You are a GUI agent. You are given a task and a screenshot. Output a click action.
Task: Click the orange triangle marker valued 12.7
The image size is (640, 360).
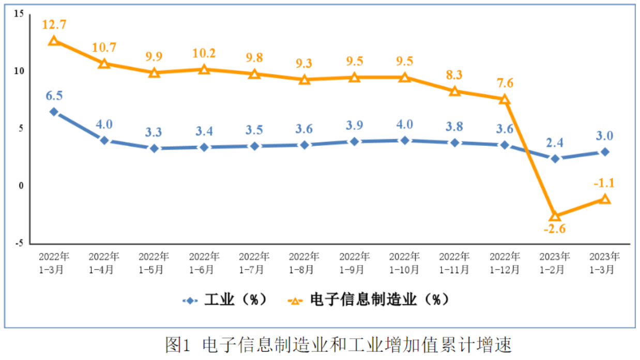[54, 40]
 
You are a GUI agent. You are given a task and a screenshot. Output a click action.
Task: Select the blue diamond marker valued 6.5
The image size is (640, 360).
[54, 112]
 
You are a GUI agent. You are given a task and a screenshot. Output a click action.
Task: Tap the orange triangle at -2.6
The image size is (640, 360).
[555, 215]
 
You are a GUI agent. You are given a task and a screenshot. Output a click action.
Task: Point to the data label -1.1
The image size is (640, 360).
[604, 183]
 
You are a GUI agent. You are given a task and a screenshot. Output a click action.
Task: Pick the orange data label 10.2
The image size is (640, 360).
[204, 53]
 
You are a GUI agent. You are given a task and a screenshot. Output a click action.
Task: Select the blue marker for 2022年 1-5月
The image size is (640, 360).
[154, 148]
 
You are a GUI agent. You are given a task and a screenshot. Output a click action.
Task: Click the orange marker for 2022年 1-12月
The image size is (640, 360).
[505, 99]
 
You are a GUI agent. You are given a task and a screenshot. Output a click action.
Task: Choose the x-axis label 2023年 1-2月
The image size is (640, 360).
[555, 263]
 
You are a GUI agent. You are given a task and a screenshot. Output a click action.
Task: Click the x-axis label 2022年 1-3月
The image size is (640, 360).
[54, 263]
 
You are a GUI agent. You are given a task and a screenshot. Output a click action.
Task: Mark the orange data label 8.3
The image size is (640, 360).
[454, 75]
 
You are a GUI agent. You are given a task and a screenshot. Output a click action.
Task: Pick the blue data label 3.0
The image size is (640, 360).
[604, 136]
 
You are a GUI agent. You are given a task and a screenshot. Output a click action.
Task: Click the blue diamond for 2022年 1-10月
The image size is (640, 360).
[404, 140]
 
